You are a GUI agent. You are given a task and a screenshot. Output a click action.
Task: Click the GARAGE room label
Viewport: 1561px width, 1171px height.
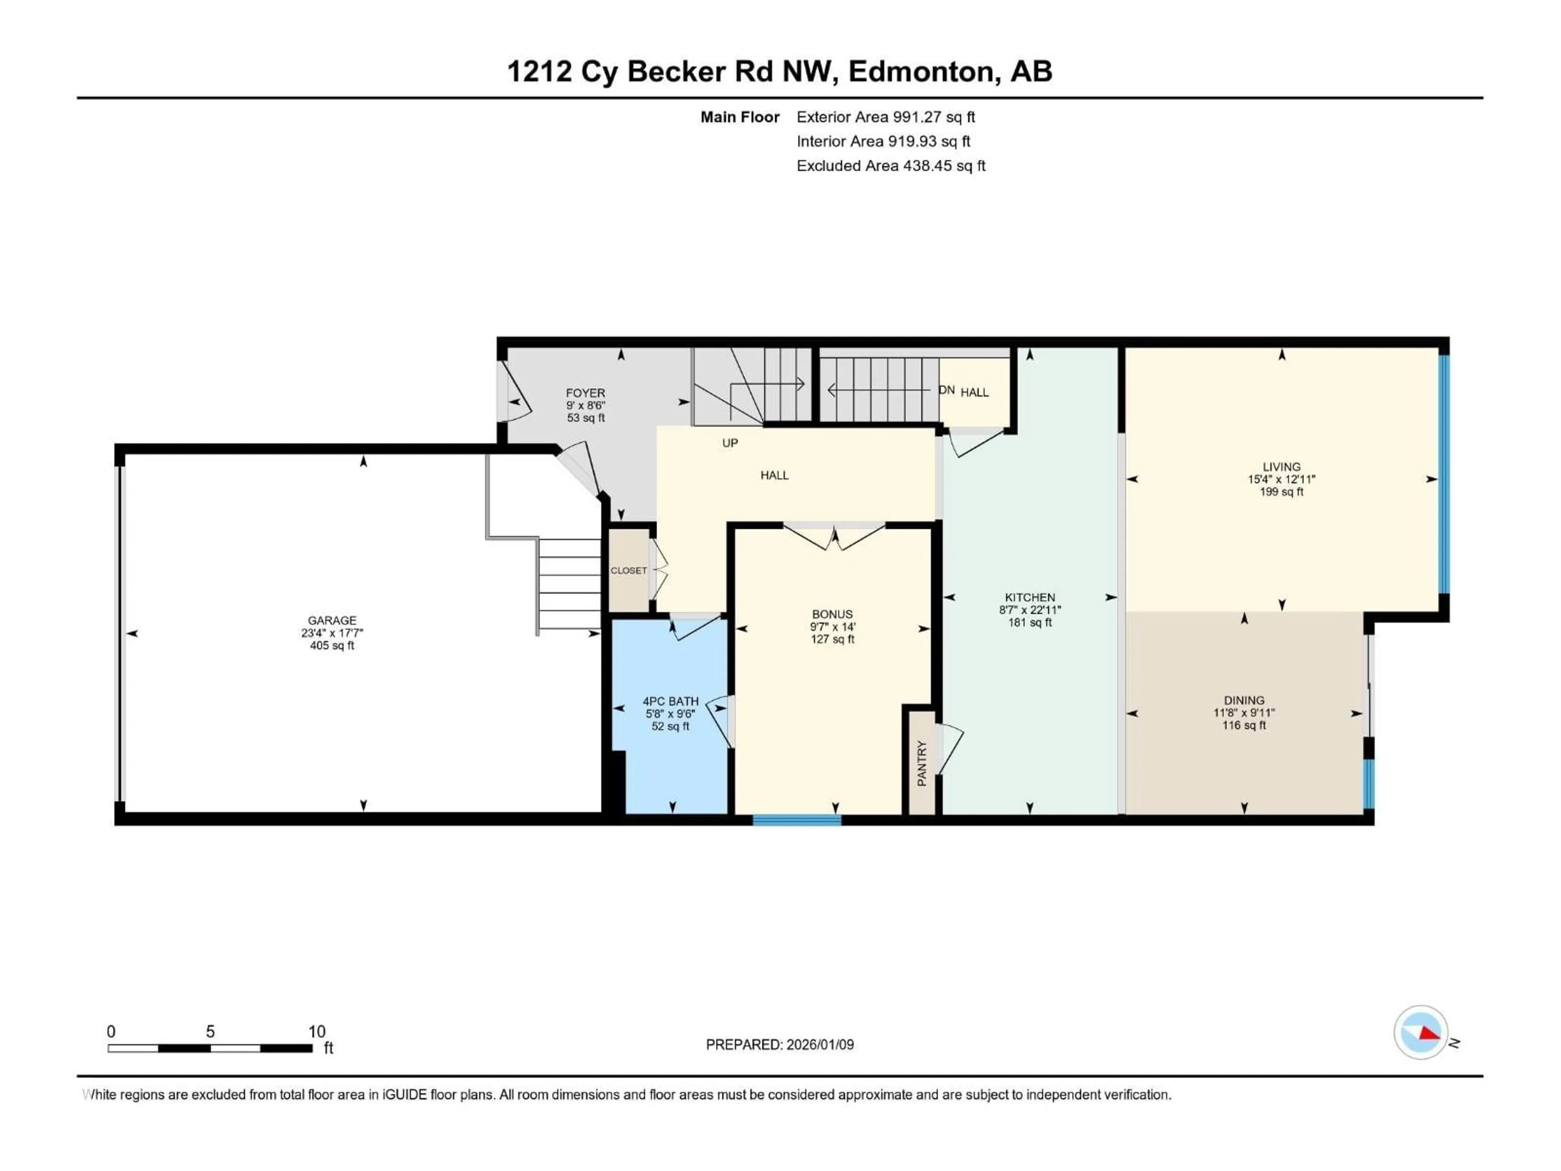(x=332, y=620)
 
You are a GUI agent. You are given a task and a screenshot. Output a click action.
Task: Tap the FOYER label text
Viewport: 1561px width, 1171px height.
(x=585, y=393)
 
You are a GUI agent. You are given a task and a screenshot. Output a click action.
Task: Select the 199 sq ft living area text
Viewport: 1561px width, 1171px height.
(x=1282, y=492)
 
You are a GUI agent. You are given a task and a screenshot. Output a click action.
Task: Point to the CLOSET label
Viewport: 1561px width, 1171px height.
(x=628, y=570)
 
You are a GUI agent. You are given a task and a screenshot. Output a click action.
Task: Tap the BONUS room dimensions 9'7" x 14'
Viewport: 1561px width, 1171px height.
(x=832, y=627)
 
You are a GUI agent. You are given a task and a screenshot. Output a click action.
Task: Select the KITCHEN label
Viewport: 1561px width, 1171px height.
(x=1030, y=597)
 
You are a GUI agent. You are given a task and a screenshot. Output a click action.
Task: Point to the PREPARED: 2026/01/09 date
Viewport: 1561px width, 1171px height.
(x=779, y=1045)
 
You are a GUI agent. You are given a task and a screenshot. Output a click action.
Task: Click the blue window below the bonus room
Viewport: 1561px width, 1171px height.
(x=797, y=820)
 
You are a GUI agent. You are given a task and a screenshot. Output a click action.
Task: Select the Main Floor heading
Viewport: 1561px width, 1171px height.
(x=739, y=117)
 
